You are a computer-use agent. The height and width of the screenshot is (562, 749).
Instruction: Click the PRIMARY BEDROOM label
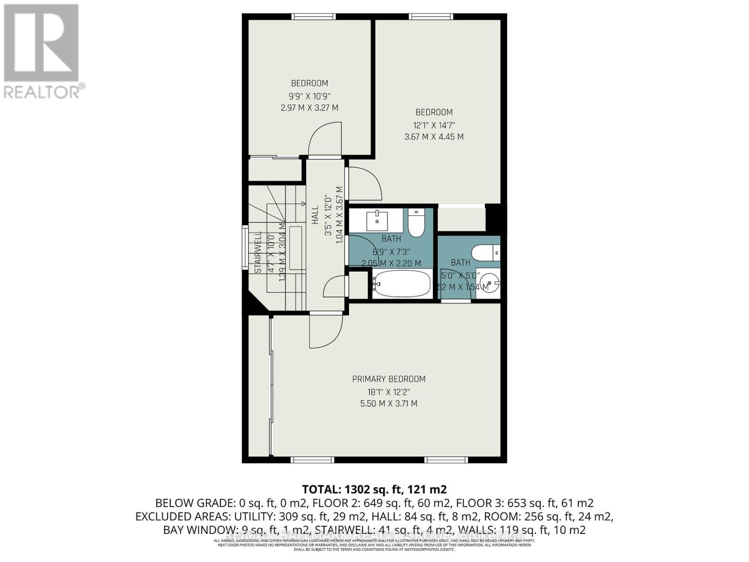[x=389, y=379]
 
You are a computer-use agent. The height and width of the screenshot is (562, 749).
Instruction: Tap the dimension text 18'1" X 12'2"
[x=389, y=392]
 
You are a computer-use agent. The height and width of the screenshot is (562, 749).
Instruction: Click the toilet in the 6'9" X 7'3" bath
[x=416, y=224]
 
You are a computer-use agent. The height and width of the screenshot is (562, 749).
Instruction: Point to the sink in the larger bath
[x=377, y=220]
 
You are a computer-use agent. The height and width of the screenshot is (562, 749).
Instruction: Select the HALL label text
[x=315, y=214]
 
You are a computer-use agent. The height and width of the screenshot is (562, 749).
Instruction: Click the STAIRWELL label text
[x=258, y=252]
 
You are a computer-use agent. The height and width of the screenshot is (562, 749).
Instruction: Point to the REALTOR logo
[x=42, y=52]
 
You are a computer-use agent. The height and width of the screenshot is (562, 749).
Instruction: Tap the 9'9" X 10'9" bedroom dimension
[x=309, y=96]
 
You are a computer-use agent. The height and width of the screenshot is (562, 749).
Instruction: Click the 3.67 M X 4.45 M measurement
[x=434, y=137]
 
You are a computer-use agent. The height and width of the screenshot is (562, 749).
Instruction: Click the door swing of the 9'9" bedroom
[x=323, y=138]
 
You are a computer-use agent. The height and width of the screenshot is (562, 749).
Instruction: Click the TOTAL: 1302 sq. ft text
[x=374, y=489]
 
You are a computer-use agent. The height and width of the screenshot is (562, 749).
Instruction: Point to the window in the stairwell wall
[x=245, y=248]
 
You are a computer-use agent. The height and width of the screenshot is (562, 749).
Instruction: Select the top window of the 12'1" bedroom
[x=431, y=17]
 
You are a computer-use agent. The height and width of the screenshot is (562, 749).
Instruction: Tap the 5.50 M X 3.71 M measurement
[x=389, y=403]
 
